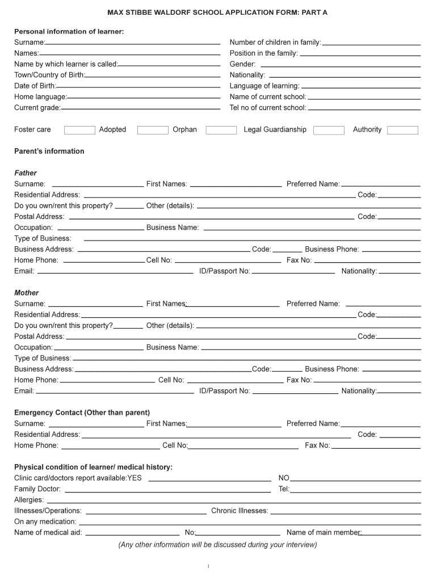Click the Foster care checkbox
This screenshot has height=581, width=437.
(79, 130)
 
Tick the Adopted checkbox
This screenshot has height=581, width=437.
(153, 130)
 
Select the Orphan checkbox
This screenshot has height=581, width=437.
(221, 130)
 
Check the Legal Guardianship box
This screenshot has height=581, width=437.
(329, 130)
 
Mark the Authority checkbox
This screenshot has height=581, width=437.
(402, 130)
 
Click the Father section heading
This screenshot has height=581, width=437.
(26, 173)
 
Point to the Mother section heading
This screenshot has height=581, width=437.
(27, 293)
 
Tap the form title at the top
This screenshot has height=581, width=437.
(218, 12)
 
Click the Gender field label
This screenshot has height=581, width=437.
(242, 64)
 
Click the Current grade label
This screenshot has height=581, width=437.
(37, 108)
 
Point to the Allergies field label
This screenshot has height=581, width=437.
(29, 500)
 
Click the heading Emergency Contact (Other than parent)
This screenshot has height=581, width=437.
(82, 412)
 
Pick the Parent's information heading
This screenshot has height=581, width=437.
(49, 151)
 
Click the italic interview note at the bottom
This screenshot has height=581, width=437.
(217, 545)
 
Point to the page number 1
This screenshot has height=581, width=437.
(209, 566)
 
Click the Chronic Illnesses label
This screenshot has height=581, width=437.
(239, 511)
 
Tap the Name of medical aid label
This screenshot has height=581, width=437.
(48, 532)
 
